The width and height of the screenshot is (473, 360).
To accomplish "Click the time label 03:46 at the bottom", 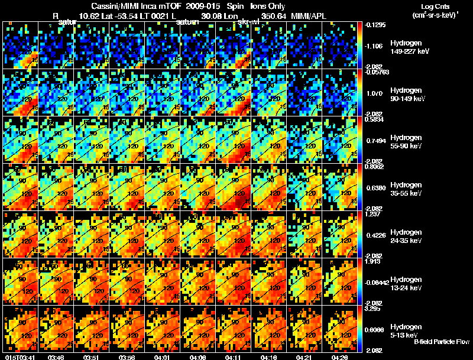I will pos(56,357).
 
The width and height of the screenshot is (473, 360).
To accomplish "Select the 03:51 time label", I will pos(92,357).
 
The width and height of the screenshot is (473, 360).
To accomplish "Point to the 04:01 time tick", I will pos(163,357).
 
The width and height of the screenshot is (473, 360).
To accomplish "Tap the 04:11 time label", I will pos(234,357).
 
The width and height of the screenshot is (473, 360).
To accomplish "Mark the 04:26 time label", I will pos(341,357).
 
